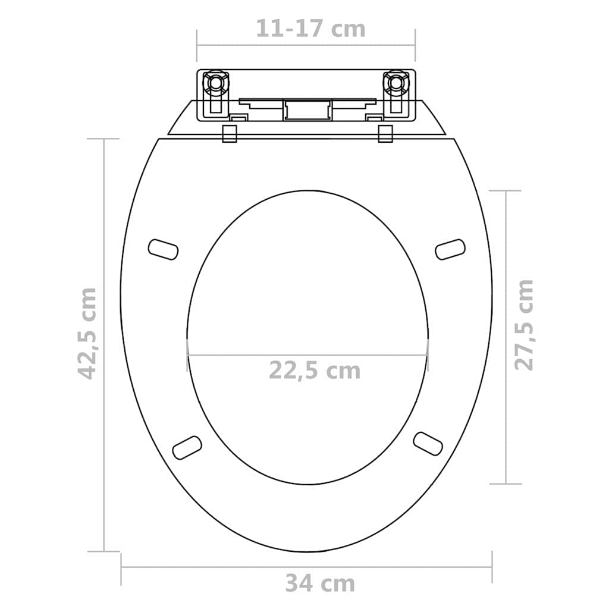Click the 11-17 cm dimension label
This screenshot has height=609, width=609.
coord(310,29)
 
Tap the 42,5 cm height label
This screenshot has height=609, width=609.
coord(87,334)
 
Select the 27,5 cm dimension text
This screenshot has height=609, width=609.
coord(523,325)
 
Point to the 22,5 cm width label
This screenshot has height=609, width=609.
coord(315,371)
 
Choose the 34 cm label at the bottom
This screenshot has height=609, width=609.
coord(320,583)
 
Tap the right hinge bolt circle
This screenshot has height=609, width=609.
coord(395,83)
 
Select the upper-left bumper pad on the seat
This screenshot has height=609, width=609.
coord(164,249)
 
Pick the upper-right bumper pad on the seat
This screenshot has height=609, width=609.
coord(450,249)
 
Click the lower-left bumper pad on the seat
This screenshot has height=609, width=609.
coord(187,447)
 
